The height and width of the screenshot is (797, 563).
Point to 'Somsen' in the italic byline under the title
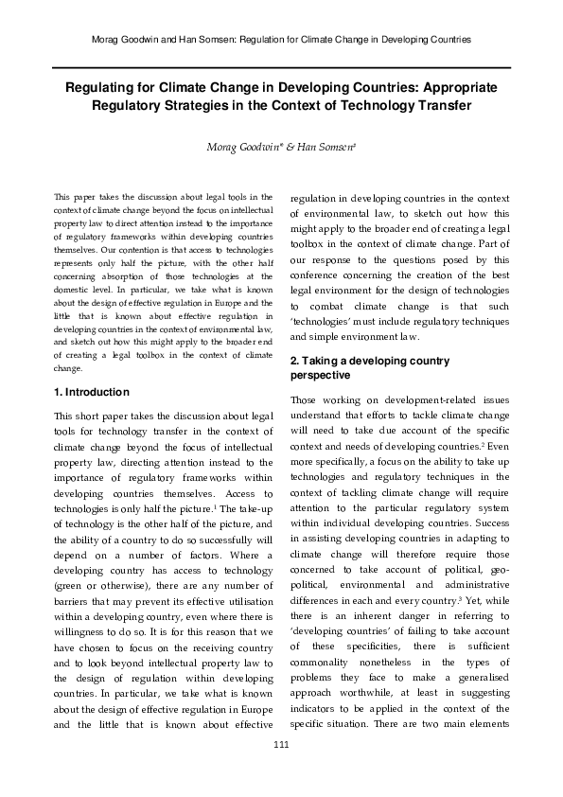[x=331, y=146]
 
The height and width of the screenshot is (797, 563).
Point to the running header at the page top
[x=281, y=39]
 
